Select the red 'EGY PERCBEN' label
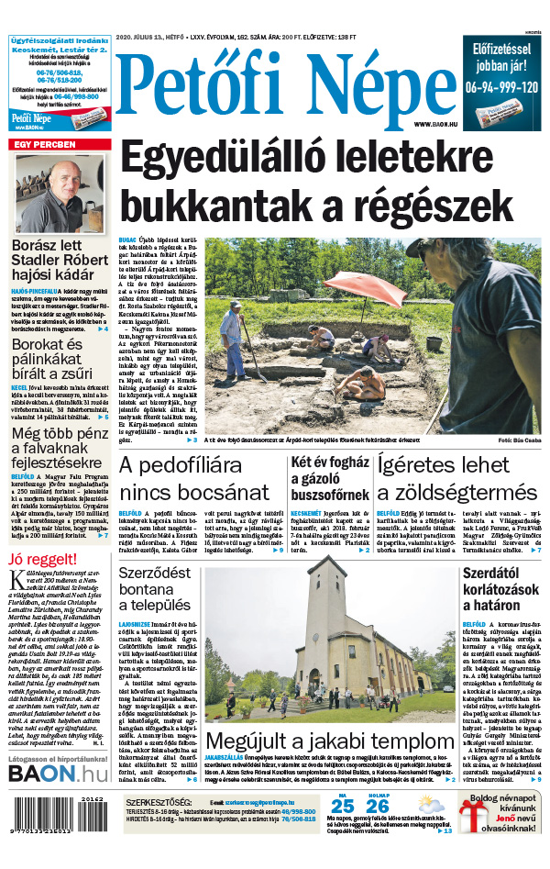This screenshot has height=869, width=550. (x=43, y=145)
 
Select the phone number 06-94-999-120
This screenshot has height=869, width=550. (x=500, y=87)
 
